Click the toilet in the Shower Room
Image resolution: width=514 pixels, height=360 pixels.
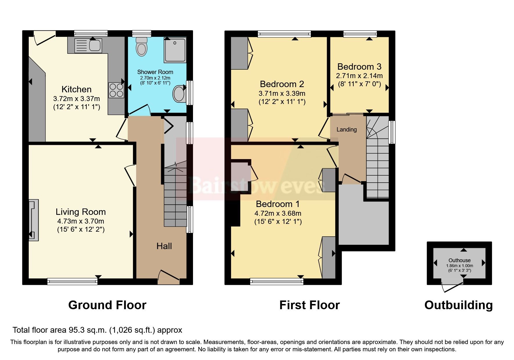141,47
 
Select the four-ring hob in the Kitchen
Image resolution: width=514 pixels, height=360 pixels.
116,90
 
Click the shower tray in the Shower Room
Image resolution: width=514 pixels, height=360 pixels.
175,50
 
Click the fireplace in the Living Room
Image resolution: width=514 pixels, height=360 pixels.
33,220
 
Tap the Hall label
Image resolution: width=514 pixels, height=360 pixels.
164,246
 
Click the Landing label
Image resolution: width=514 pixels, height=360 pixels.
347,129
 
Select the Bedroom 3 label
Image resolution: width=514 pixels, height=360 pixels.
359,67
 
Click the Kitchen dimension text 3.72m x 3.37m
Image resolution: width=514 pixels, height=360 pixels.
76,99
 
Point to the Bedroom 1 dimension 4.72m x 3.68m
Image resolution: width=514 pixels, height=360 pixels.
278,213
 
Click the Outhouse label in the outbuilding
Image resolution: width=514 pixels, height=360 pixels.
459,260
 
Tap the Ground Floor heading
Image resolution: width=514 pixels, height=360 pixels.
107,305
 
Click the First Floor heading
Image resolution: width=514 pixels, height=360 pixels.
309,305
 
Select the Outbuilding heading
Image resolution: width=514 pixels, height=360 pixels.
458,305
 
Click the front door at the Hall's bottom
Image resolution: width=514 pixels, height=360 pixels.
169,277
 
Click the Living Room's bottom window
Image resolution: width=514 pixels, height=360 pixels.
72,281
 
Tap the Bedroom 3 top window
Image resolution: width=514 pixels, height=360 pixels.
360,34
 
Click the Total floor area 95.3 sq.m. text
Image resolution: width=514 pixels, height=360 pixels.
97,330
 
